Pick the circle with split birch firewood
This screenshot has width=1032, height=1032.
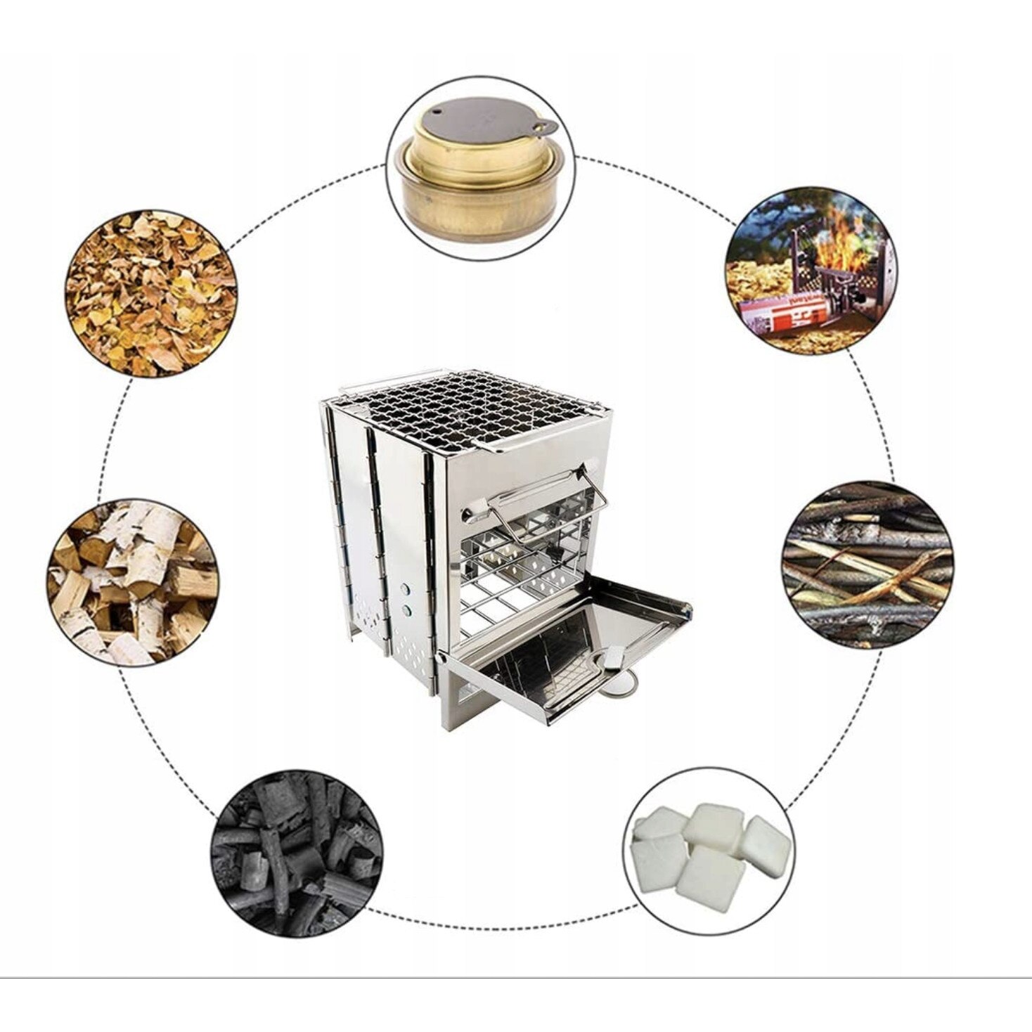coord(133,583)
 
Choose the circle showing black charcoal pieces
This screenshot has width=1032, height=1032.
coord(297,853)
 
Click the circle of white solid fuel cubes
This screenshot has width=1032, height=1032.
coord(708,854)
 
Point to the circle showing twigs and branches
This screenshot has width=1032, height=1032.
coord(867,565)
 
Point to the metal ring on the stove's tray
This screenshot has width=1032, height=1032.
coord(621,683)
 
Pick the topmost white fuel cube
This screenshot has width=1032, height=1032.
coord(714,824)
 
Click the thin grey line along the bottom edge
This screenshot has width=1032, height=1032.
coord(516,978)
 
